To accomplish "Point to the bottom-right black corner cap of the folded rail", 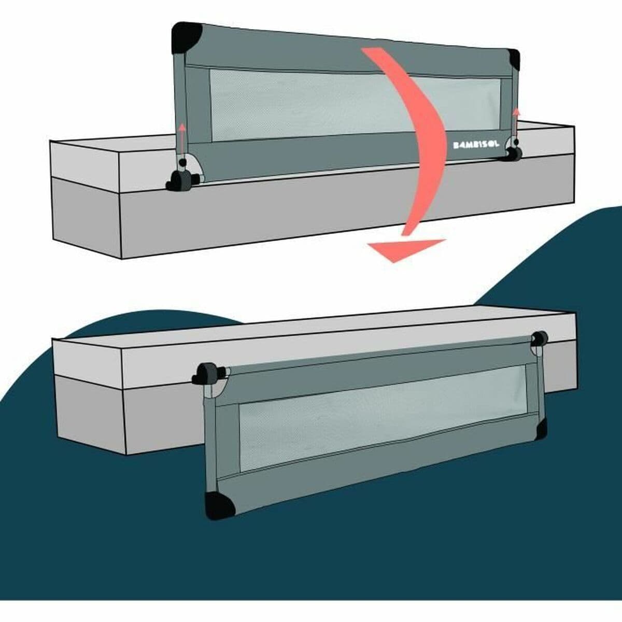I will [x=541, y=428].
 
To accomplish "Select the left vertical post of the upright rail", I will [x=178, y=104].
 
